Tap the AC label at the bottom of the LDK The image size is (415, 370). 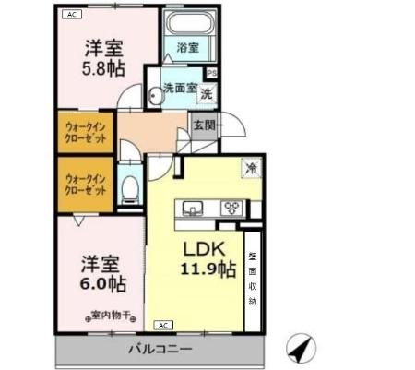pyautogui.click(x=163, y=326)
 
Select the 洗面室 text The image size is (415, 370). pyautogui.click(x=179, y=89)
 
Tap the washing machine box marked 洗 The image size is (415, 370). pyautogui.click(x=207, y=92)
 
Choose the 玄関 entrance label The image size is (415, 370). pyautogui.click(x=204, y=125)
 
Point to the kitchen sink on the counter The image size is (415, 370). pyautogui.click(x=195, y=208)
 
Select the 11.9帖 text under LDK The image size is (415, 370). pyautogui.click(x=207, y=269)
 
